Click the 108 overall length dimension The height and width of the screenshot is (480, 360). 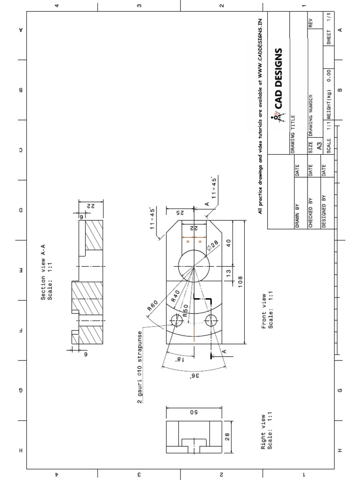click(x=240, y=283)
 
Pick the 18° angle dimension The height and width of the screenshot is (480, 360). click(x=179, y=359)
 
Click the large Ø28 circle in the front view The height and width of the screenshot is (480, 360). click(x=194, y=266)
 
